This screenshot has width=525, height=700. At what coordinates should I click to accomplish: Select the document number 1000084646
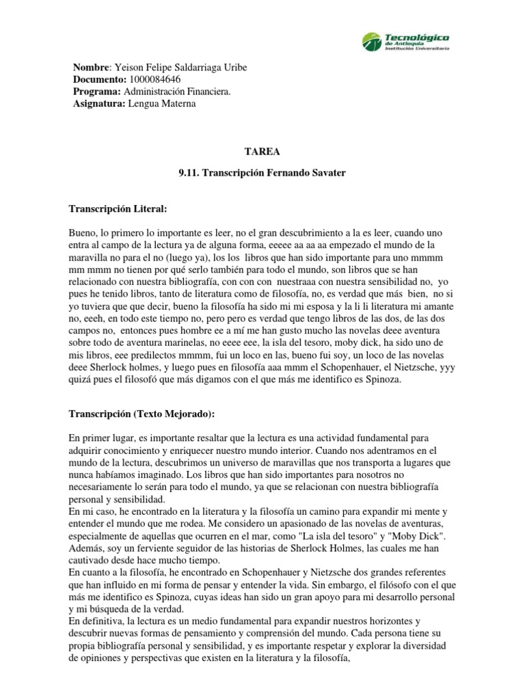[x=154, y=79]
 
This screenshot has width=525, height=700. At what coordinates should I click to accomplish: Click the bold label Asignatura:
[x=98, y=104]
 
